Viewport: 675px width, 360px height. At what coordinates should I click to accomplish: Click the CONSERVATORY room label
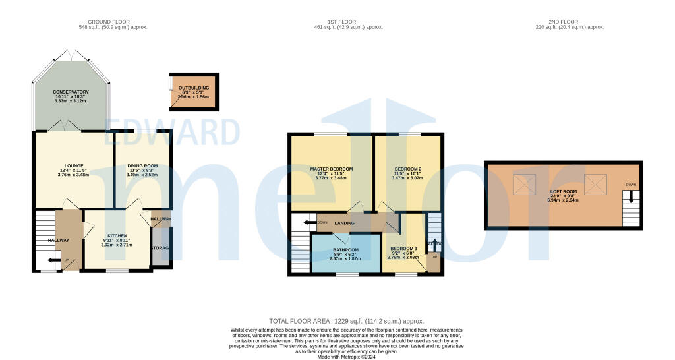pyautogui.click(x=71, y=92)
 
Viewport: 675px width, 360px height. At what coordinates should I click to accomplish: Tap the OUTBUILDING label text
pyautogui.click(x=193, y=87)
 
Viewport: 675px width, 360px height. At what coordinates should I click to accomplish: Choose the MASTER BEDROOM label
pyautogui.click(x=331, y=169)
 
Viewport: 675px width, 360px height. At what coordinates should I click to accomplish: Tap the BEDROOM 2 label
pyautogui.click(x=406, y=169)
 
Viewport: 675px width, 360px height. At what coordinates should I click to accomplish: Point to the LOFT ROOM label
pyautogui.click(x=563, y=191)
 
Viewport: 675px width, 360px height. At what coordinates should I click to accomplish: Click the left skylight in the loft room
pyautogui.click(x=525, y=185)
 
